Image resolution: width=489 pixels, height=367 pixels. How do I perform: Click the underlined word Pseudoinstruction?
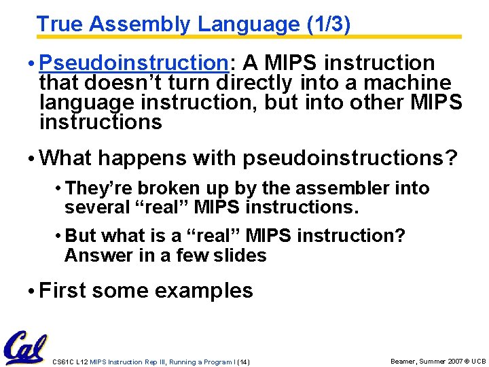[134, 63]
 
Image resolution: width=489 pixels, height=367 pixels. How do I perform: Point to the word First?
[62, 291]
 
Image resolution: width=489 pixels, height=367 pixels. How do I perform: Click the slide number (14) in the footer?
[243, 362]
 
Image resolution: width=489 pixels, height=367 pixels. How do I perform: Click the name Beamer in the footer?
[403, 362]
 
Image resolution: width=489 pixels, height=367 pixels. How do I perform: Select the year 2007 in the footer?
[454, 362]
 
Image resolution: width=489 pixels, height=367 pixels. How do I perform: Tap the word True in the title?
[60, 24]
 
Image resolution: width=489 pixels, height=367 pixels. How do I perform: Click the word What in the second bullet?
[65, 158]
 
